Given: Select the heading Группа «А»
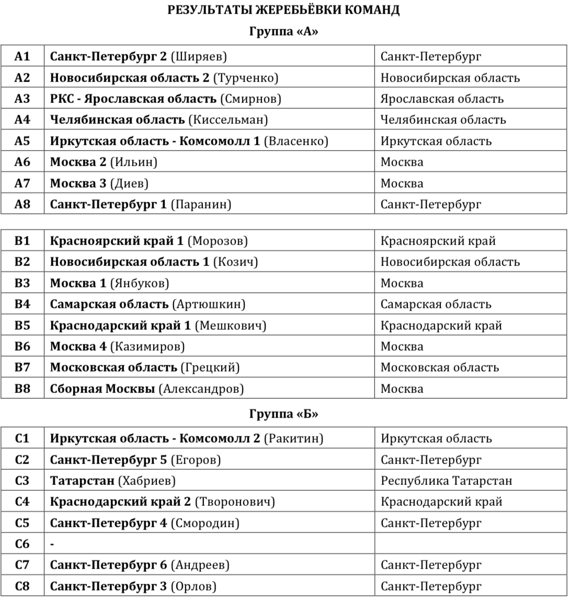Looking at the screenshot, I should pyautogui.click(x=283, y=31).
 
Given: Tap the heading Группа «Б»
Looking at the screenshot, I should pyautogui.click(x=283, y=414).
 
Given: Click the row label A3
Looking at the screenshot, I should pyautogui.click(x=22, y=99).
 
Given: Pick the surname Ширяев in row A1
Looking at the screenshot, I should pyautogui.click(x=199, y=56).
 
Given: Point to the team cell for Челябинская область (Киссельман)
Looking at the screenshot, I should pyautogui.click(x=158, y=120).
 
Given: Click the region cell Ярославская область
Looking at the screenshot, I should pyautogui.click(x=442, y=99).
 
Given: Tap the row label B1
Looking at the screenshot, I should pyautogui.click(x=22, y=241).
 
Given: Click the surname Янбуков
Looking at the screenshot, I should pyautogui.click(x=140, y=283).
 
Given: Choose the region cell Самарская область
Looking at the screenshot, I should pyautogui.click(x=436, y=304).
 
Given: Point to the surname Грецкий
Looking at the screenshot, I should pyautogui.click(x=210, y=367).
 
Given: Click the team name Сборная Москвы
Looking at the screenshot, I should pyautogui.click(x=103, y=389).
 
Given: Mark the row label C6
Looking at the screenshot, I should pyautogui.click(x=22, y=544).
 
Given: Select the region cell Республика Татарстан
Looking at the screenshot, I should pyautogui.click(x=446, y=481).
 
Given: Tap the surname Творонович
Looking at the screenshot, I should pyautogui.click(x=235, y=502).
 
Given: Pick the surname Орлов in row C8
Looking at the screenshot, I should pyautogui.click(x=194, y=586).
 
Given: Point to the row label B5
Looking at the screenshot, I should pyautogui.click(x=22, y=326).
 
